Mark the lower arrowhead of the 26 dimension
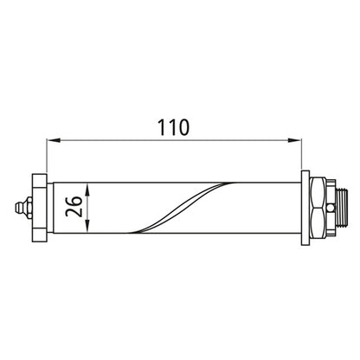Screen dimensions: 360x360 pos(88,233)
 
